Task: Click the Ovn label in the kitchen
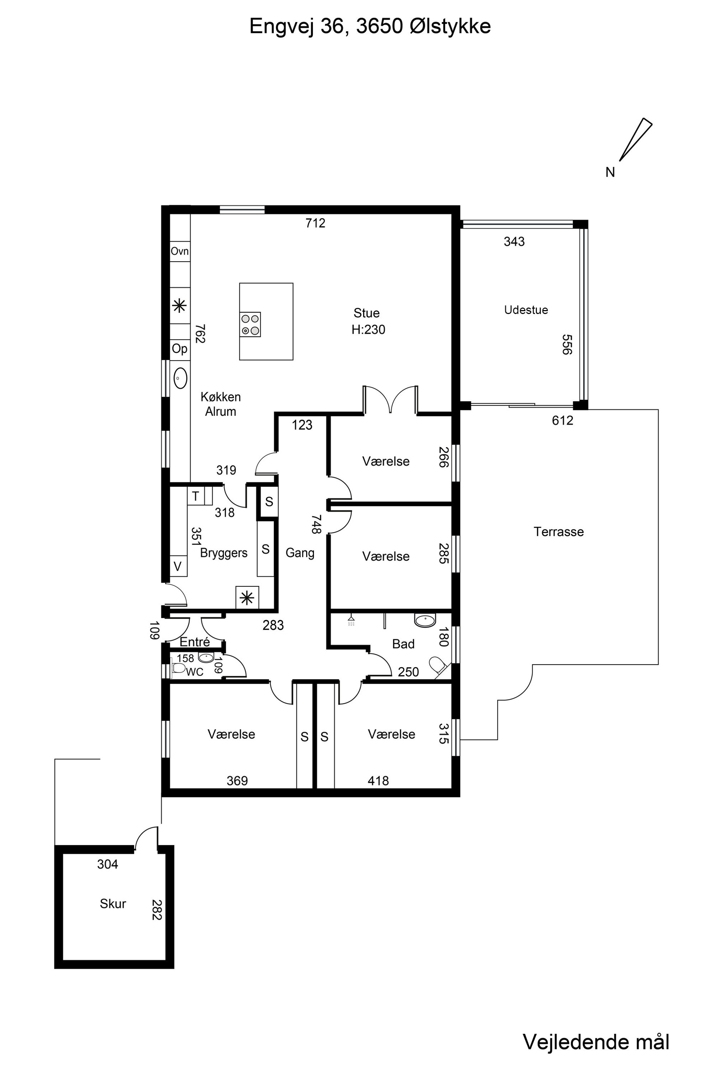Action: point(180,251)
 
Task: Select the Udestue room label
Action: point(526,310)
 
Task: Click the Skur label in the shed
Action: point(113,903)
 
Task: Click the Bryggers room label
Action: point(224,553)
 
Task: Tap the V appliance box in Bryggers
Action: point(178,566)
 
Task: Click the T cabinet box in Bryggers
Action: point(196,496)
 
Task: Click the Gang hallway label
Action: point(300,553)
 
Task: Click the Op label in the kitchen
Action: point(179,349)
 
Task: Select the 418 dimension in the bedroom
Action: point(378,781)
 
